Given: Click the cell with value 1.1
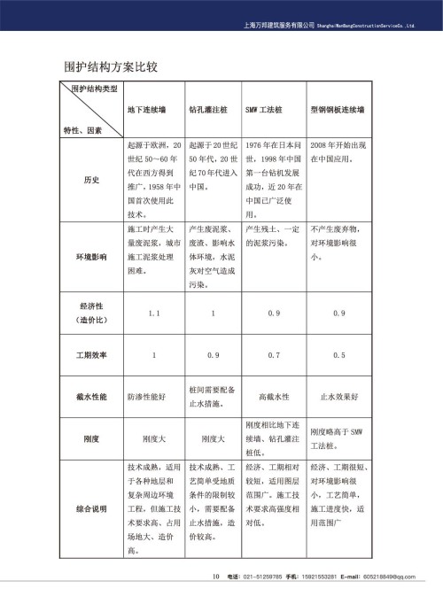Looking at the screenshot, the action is pyautogui.click(x=152, y=313).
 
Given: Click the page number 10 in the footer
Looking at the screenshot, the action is pyautogui.click(x=215, y=577).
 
